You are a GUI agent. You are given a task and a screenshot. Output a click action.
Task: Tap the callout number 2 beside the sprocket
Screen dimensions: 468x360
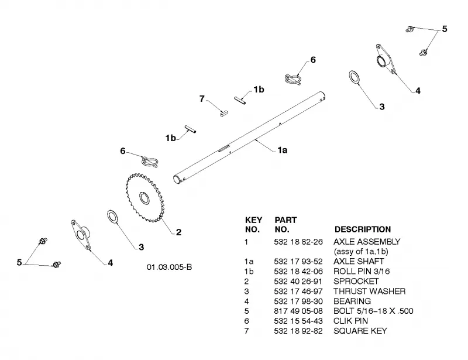tap(178, 232)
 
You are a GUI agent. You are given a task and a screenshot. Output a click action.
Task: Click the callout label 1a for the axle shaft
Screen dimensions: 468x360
tap(283, 150)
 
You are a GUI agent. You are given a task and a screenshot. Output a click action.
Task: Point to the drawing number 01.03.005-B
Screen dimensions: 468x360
tap(169, 267)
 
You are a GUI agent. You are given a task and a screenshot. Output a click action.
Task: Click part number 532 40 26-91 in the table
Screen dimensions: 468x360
tap(298, 282)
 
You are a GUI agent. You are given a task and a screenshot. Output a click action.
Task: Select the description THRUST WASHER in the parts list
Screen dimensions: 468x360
tap(370, 292)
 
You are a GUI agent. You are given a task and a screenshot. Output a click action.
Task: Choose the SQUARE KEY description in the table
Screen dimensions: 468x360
tap(360, 331)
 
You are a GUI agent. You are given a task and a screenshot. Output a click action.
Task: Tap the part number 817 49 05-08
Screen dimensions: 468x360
tap(298, 311)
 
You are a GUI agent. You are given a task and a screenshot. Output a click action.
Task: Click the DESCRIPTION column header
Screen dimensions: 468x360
tap(363, 229)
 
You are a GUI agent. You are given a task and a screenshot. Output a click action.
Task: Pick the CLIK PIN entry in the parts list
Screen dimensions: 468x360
tap(350, 321)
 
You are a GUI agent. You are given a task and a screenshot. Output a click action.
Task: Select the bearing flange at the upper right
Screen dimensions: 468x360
tap(386, 59)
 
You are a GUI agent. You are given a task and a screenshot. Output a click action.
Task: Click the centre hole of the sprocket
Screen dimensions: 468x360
tap(144, 198)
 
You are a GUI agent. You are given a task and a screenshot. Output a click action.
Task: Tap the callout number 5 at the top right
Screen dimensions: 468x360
tap(445, 29)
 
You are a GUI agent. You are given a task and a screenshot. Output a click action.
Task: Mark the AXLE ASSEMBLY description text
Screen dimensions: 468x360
tap(367, 242)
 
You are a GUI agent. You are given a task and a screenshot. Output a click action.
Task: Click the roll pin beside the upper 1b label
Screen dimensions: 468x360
tap(240, 100)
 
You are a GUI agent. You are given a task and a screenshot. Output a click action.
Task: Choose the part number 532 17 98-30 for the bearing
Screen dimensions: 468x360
tap(298, 301)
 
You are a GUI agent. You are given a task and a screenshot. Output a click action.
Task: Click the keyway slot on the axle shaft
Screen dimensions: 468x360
tap(223, 148)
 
